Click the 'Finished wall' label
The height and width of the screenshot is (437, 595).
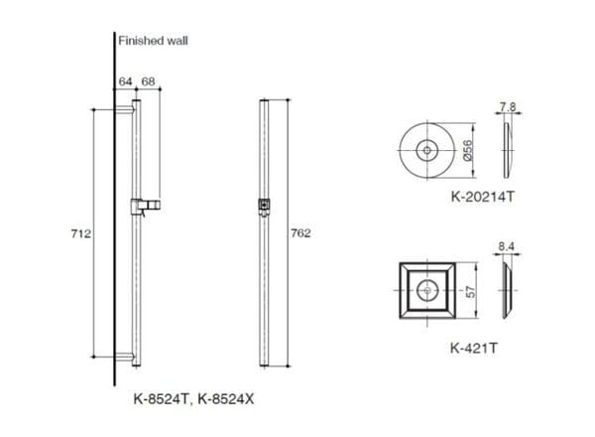click(153, 41)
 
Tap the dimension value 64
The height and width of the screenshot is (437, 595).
click(125, 80)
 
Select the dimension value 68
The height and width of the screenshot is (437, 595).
click(149, 80)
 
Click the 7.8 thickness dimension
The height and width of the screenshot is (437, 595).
click(508, 105)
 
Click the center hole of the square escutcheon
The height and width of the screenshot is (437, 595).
click(426, 291)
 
